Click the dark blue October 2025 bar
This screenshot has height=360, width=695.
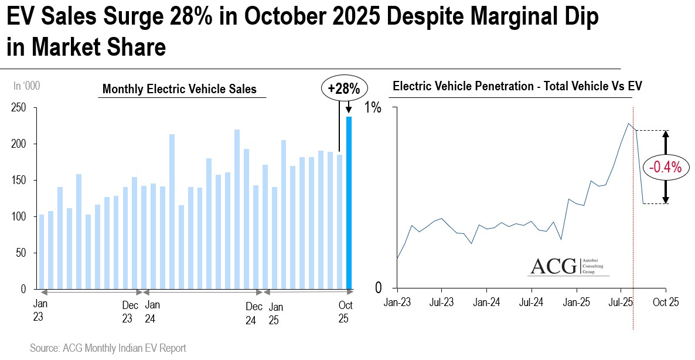(x=349, y=202)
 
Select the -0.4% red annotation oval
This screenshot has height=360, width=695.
(x=666, y=168)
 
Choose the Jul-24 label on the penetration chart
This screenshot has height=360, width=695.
(x=531, y=303)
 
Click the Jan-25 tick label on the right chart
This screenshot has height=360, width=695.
(x=576, y=303)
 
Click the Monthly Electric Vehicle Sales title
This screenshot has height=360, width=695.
(x=179, y=90)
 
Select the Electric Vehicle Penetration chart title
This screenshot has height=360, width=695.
(x=517, y=86)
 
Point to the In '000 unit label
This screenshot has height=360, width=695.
(x=26, y=86)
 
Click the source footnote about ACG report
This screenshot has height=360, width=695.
(x=108, y=348)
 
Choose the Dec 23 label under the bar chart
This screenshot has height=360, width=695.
(x=130, y=312)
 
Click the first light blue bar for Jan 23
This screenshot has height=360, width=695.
(x=42, y=252)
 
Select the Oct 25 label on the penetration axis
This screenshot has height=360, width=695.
(x=666, y=303)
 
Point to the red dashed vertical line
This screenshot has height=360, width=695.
(x=633, y=235)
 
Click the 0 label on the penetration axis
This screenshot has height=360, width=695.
(x=379, y=288)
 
